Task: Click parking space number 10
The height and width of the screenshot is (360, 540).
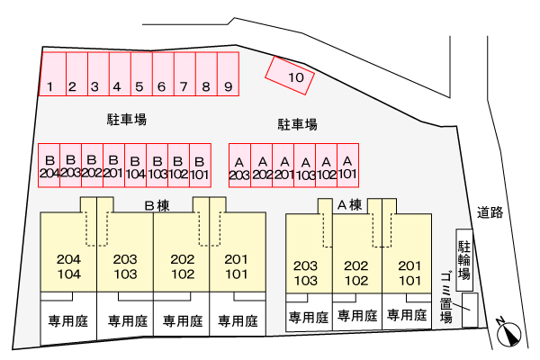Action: [290, 76]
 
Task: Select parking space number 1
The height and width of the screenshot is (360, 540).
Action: [52, 74]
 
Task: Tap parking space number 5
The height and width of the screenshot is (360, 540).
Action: [141, 74]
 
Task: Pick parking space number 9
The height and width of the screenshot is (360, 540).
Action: [229, 74]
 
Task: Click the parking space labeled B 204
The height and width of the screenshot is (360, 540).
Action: [49, 166]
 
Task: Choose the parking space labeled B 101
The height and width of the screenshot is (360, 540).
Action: [200, 166]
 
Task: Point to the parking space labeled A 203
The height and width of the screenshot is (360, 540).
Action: [239, 166]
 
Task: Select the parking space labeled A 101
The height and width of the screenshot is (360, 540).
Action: [347, 166]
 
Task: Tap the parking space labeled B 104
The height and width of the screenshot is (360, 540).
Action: [135, 166]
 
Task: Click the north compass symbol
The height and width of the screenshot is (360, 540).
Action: [508, 333]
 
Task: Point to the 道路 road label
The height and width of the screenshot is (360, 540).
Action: [490, 212]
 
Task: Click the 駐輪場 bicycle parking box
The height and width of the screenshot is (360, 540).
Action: [464, 260]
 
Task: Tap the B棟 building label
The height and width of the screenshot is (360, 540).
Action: [157, 206]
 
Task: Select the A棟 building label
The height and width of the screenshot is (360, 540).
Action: [349, 205]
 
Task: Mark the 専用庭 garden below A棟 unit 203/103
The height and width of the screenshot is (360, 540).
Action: [309, 317]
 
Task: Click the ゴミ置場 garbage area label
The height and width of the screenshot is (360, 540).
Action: [445, 298]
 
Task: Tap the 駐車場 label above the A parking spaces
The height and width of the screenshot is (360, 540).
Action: [298, 124]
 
